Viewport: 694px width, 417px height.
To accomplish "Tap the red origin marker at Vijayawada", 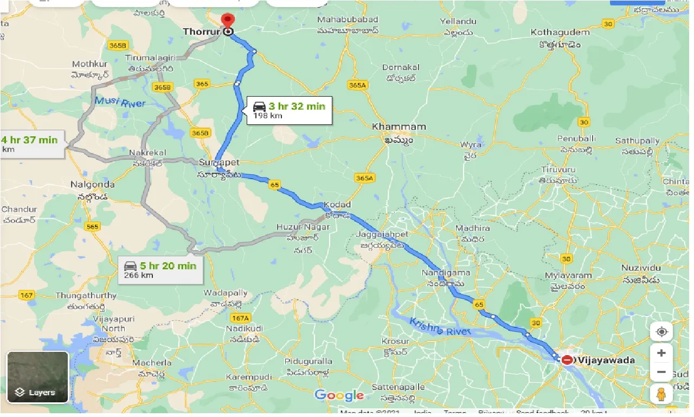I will point(567,359).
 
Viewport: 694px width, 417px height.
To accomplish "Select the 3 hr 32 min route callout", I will point(289,110).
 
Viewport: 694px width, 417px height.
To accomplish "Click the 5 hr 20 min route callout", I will point(160,269).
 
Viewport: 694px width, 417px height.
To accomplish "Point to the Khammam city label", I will point(399,127).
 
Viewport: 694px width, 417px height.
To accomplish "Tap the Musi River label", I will point(119,102).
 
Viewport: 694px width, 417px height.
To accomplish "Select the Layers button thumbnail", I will point(37,377).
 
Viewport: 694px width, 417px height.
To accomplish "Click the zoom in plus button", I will point(661,353).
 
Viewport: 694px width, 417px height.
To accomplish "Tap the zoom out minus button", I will point(661,372).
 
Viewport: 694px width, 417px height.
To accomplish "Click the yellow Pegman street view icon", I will point(661,394).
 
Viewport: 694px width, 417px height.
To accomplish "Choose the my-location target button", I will point(661,331).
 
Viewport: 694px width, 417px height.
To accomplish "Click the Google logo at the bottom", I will point(339,395).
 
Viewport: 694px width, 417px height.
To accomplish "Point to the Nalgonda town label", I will point(92,185).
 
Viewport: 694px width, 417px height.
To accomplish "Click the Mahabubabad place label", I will point(348,20).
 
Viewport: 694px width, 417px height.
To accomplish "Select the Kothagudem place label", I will point(560,33).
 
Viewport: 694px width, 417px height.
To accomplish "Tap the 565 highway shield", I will point(93,226).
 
